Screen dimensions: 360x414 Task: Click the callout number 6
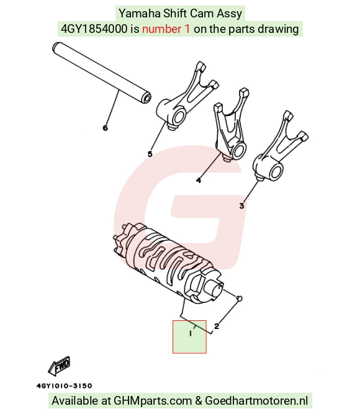(106, 128)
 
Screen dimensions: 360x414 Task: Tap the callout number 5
(150, 154)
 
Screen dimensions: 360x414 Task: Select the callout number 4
(199, 180)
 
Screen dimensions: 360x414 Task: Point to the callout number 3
(241, 206)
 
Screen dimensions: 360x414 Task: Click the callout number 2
(217, 326)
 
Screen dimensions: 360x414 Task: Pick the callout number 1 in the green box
(191, 334)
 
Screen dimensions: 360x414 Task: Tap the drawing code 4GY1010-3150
(65, 385)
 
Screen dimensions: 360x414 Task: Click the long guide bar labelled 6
(102, 73)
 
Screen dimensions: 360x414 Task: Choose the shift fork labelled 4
(230, 125)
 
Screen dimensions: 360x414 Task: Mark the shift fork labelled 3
(279, 147)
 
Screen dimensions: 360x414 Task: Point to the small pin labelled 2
(240, 298)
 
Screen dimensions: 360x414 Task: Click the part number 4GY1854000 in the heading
(94, 29)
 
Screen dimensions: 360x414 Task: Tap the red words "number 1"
(166, 29)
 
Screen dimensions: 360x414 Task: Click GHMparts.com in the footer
(153, 400)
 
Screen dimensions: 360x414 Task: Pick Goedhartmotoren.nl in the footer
(256, 400)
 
